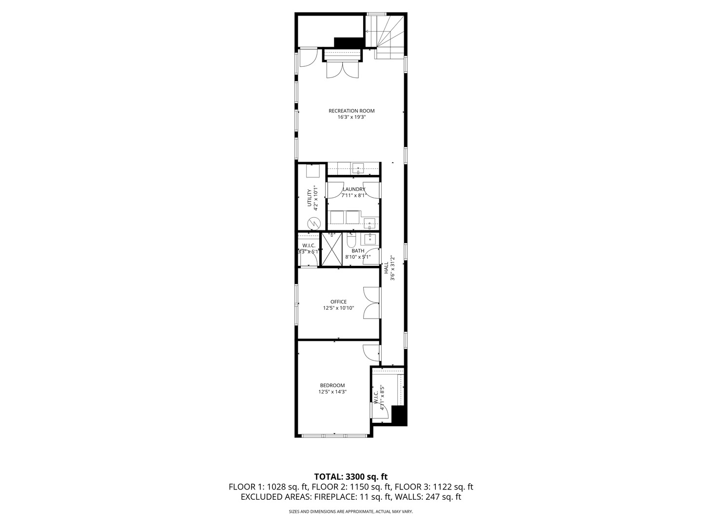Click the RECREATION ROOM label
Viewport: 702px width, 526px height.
pos(351,111)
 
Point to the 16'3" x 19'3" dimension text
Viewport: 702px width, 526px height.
pos(351,117)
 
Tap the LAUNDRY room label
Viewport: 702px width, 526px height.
pos(354,189)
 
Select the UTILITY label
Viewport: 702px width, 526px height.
pos(310,197)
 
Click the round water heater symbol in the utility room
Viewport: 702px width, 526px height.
pos(313,224)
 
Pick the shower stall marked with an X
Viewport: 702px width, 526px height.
pos(332,249)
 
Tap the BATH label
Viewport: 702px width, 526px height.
pos(358,251)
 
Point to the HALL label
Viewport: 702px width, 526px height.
pos(386,268)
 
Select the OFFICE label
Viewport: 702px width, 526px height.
pos(338,302)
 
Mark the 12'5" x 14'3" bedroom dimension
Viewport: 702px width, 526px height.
pos(332,392)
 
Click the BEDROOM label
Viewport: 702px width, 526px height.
pos(332,385)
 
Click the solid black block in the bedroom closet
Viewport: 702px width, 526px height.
pos(399,415)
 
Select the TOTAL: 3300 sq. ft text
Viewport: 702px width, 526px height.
pos(351,476)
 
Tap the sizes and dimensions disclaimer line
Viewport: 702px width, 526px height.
pos(351,512)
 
